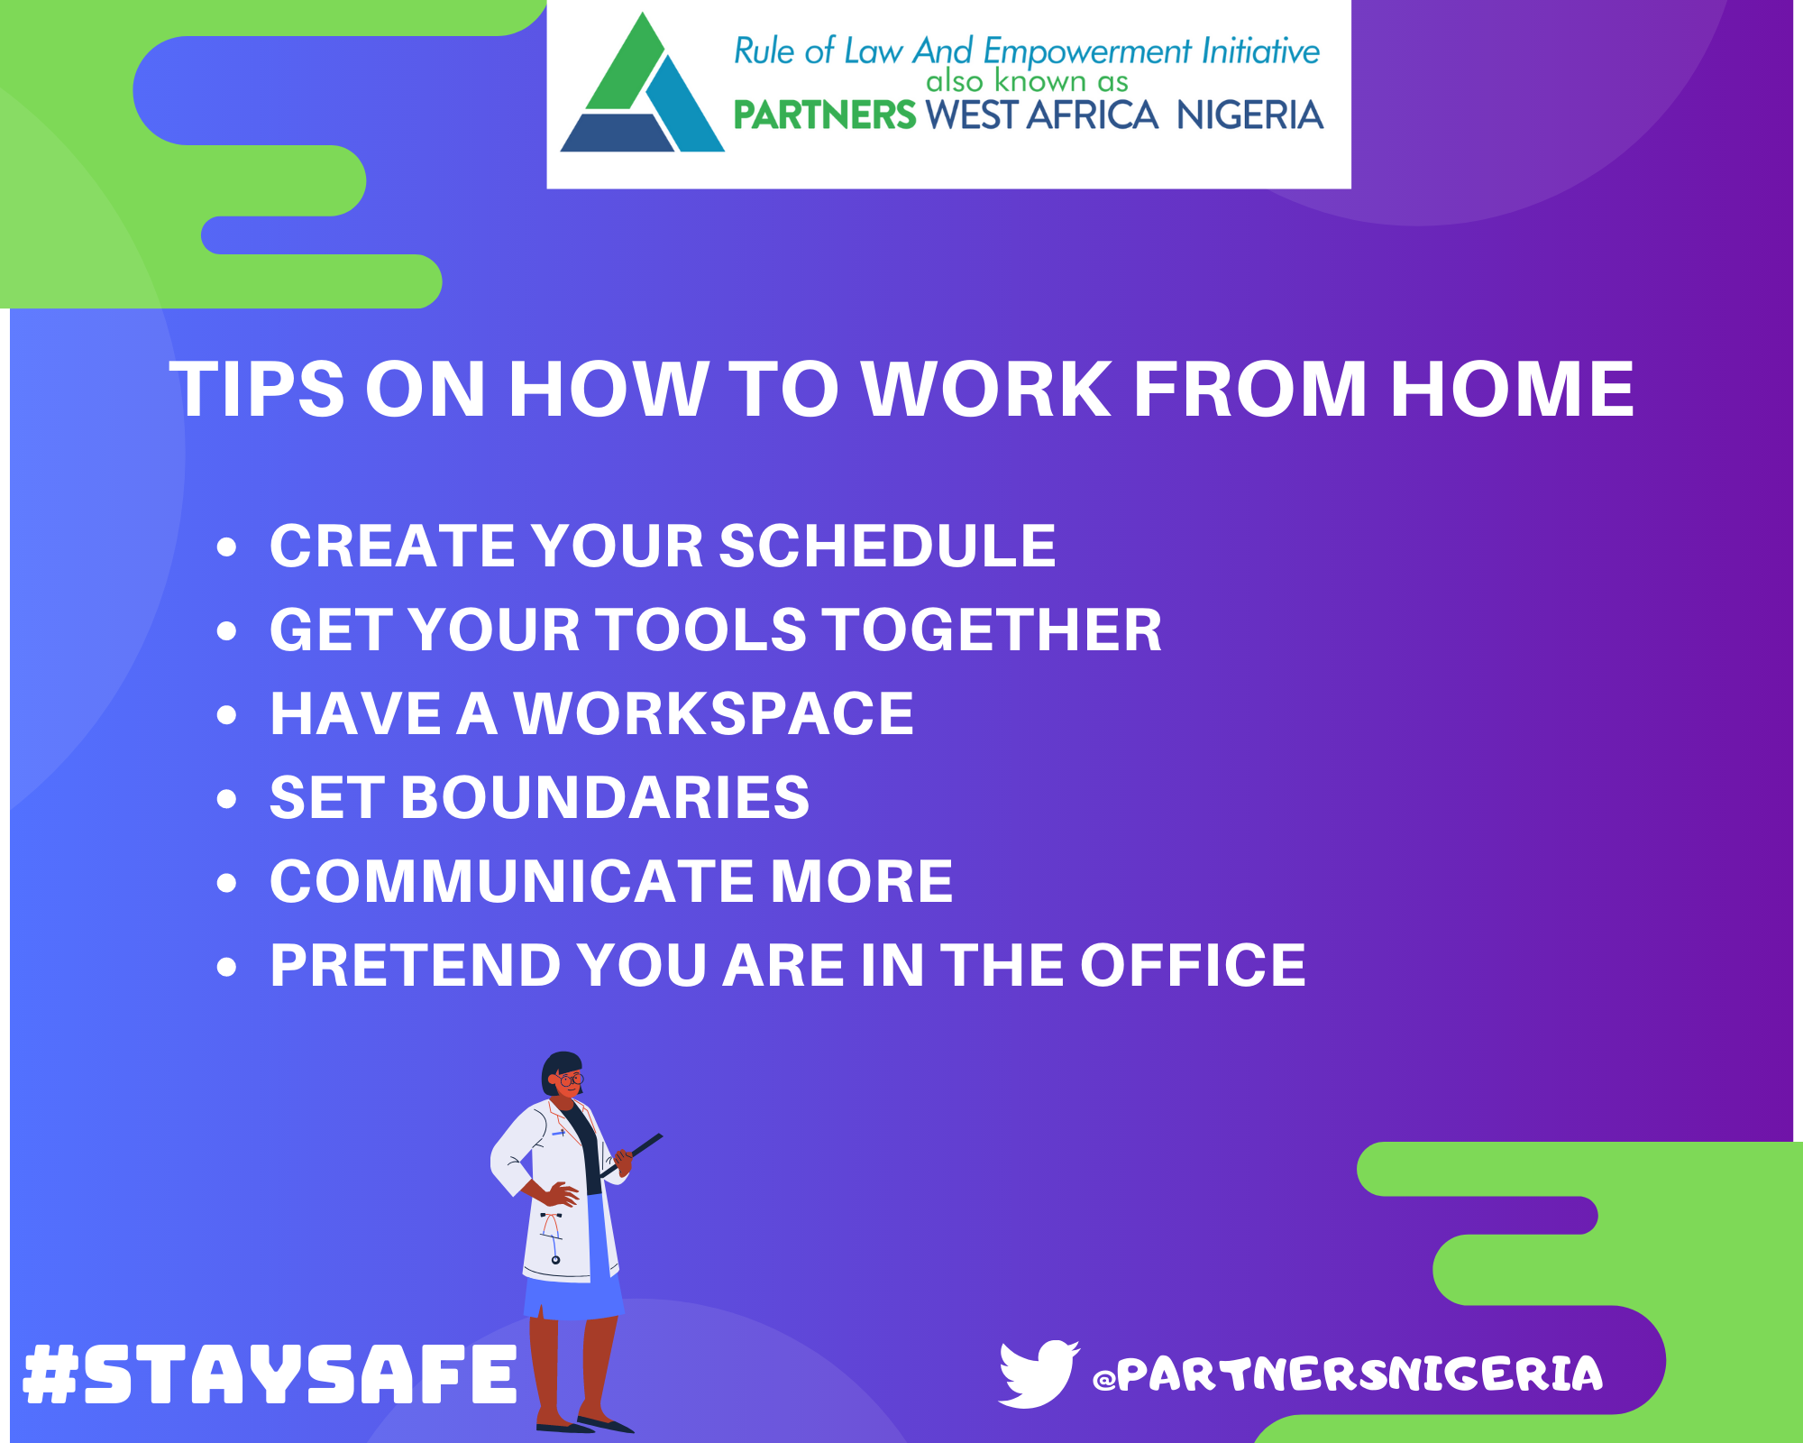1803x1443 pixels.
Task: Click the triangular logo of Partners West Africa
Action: [x=642, y=90]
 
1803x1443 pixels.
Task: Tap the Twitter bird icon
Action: [x=1039, y=1374]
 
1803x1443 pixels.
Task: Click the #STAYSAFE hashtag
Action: [x=270, y=1374]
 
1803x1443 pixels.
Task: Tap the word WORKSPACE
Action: [x=714, y=713]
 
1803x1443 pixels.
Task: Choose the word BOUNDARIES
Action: [x=605, y=797]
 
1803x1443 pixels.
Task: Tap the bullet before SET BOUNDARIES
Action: [x=226, y=799]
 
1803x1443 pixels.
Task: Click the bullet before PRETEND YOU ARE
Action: [x=226, y=967]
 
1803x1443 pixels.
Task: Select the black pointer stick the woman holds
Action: [x=631, y=1155]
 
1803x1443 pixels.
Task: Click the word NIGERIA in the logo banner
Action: [x=1249, y=115]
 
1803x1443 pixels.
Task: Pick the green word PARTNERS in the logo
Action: [x=825, y=115]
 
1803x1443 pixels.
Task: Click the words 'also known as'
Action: [x=1027, y=81]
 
